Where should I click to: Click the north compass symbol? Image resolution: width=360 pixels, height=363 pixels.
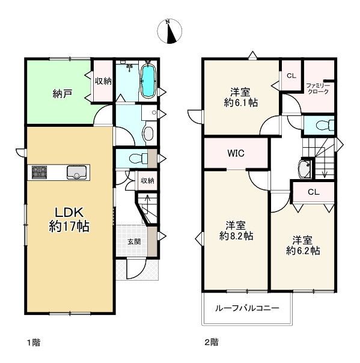(x=169, y=31)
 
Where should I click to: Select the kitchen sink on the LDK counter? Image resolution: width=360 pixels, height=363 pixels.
(x=78, y=172)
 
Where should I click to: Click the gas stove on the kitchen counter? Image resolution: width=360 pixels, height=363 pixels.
(x=39, y=172)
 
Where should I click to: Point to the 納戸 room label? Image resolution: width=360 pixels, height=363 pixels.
(x=63, y=94)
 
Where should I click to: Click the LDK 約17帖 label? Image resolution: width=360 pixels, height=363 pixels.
(x=69, y=219)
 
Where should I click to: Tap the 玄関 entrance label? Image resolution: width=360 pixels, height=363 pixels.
(x=134, y=242)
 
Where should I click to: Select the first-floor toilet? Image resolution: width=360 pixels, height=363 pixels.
(x=138, y=159)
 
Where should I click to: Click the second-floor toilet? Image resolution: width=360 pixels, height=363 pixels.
(x=325, y=125)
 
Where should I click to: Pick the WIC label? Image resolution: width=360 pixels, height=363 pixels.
(x=236, y=153)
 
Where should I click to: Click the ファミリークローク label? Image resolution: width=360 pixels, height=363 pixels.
(x=318, y=89)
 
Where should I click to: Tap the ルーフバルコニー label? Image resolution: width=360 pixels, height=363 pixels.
(x=247, y=308)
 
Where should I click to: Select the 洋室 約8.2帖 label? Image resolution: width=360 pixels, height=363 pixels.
(x=236, y=231)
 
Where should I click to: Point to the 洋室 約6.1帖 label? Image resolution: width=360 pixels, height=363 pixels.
(x=241, y=97)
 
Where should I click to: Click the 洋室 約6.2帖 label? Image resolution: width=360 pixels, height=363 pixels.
(x=303, y=246)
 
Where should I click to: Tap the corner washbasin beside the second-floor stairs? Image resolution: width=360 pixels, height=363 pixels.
(x=305, y=168)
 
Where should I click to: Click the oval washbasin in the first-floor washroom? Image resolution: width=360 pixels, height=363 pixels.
(x=148, y=133)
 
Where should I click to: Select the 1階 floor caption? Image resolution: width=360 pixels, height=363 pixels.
(x=34, y=343)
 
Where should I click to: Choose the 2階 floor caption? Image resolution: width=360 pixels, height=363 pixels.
(x=212, y=343)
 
